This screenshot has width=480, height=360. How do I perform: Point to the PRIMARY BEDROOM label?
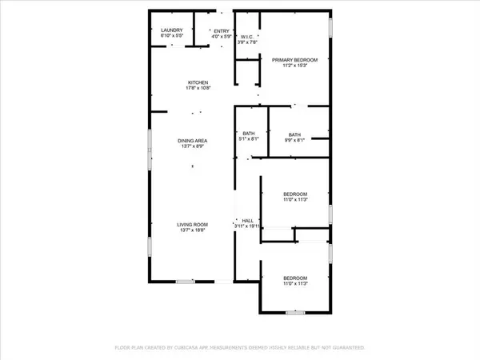294,60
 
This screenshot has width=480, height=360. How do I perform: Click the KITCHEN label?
198,83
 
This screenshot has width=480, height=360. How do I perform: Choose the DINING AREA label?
192,142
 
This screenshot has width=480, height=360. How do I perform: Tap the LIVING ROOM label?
192,226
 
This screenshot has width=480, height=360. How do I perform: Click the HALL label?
248,221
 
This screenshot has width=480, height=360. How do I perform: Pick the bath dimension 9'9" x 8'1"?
294,140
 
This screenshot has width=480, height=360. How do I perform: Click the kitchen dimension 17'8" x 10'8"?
198,89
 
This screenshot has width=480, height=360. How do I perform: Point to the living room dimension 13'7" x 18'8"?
192,231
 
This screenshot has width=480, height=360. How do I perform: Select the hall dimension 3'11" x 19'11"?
247,226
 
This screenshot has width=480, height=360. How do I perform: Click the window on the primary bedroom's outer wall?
330,25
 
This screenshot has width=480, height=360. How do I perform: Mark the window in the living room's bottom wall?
186,281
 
